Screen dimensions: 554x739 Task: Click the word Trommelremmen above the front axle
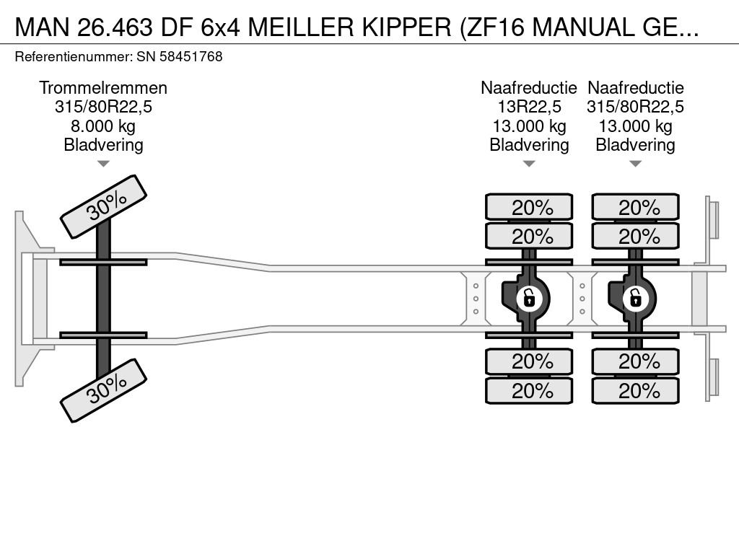click(103, 88)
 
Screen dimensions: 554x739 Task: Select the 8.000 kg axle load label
click(103, 126)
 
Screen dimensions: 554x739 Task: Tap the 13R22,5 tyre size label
click(529, 107)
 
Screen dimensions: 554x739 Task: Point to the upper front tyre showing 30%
click(103, 206)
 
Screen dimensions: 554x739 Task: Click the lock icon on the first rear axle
click(529, 297)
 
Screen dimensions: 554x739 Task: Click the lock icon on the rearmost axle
click(635, 297)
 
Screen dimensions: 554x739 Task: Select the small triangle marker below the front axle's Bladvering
click(103, 164)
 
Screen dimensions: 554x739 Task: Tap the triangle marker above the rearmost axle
click(635, 164)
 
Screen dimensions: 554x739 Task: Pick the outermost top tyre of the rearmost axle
click(635, 208)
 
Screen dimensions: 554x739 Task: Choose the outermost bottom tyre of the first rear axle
click(529, 390)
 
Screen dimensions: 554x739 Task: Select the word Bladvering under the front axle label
click(103, 145)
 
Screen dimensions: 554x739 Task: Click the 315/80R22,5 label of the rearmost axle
click(635, 107)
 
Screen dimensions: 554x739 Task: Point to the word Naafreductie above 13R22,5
click(529, 88)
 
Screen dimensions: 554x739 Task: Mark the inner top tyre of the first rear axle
click(529, 236)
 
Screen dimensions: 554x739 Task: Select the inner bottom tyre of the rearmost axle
click(635, 361)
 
